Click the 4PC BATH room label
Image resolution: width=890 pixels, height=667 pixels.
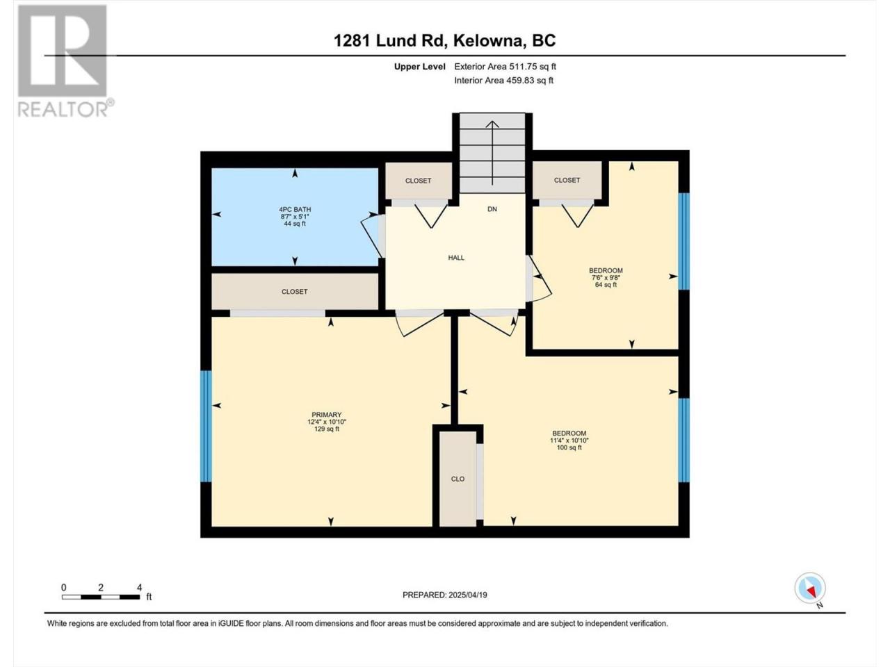(295, 209)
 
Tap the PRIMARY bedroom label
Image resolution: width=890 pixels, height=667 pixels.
(326, 414)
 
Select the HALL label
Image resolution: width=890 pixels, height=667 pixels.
(456, 258)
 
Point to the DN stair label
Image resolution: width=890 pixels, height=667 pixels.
(492, 209)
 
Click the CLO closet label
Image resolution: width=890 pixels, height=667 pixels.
(458, 479)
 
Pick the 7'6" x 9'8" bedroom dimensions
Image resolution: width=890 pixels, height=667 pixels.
(606, 278)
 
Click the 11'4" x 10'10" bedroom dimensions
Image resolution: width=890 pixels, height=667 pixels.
(569, 440)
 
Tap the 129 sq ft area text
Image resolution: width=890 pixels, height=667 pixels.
(327, 429)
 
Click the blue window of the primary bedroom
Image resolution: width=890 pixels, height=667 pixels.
(207, 426)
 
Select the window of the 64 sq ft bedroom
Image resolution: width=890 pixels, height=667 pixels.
(683, 241)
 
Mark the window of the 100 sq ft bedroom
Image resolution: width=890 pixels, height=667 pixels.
(683, 440)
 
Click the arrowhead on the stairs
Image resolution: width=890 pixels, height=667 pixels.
(492, 124)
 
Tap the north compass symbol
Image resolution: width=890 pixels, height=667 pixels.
(811, 588)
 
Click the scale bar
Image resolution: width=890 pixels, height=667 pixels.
(101, 597)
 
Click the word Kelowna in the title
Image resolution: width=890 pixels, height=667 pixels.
(488, 40)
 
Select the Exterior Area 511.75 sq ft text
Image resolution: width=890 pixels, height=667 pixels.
(505, 67)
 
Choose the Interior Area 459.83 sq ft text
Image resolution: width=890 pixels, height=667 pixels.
(503, 80)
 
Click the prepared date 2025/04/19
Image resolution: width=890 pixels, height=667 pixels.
(467, 595)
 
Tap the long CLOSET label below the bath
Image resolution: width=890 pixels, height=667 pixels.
(294, 292)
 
